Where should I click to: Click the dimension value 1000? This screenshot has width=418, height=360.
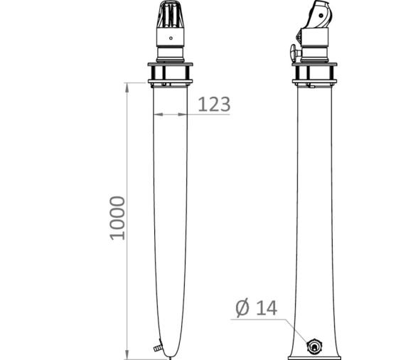(x=117, y=217)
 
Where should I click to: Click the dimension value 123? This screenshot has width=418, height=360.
(x=214, y=104)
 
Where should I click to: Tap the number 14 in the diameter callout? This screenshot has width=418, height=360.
(x=265, y=308)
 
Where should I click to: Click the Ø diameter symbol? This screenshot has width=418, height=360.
(x=242, y=308)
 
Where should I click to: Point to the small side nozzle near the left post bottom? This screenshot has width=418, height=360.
(x=154, y=348)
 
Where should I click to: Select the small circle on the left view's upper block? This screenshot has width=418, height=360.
(x=170, y=38)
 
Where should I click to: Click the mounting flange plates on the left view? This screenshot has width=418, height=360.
(x=170, y=72)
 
